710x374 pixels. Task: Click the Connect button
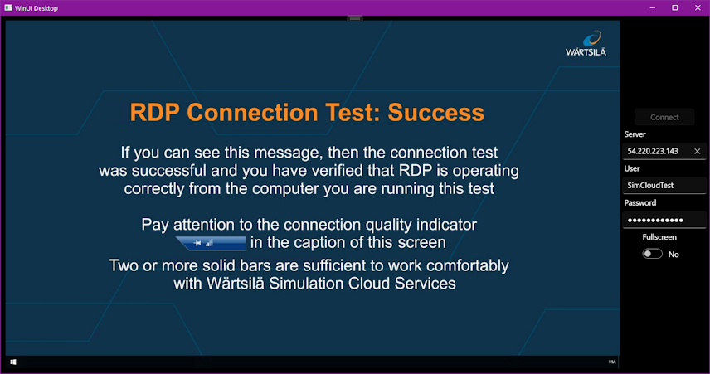(x=664, y=117)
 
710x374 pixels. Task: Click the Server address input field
(x=657, y=151)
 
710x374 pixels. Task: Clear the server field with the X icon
(x=698, y=151)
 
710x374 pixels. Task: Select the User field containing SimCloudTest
(x=664, y=185)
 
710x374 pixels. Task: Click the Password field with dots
(x=664, y=220)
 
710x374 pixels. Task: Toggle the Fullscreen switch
(x=653, y=254)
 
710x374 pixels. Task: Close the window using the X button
(x=698, y=7)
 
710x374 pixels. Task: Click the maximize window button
(x=674, y=7)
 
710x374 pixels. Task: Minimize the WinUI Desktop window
(x=653, y=7)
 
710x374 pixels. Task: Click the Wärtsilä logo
(x=586, y=43)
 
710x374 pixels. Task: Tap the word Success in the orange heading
(x=436, y=112)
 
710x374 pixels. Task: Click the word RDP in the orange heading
(x=155, y=112)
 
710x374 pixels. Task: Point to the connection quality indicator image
(x=211, y=243)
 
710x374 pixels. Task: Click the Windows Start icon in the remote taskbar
(x=13, y=362)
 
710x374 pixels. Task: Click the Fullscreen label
(x=659, y=237)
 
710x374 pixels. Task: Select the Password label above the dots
(x=639, y=203)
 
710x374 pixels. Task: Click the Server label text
(x=635, y=134)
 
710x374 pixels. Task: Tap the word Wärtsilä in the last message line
(x=236, y=284)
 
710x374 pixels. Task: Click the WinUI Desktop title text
(x=36, y=8)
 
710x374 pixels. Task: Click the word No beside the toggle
(x=674, y=255)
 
